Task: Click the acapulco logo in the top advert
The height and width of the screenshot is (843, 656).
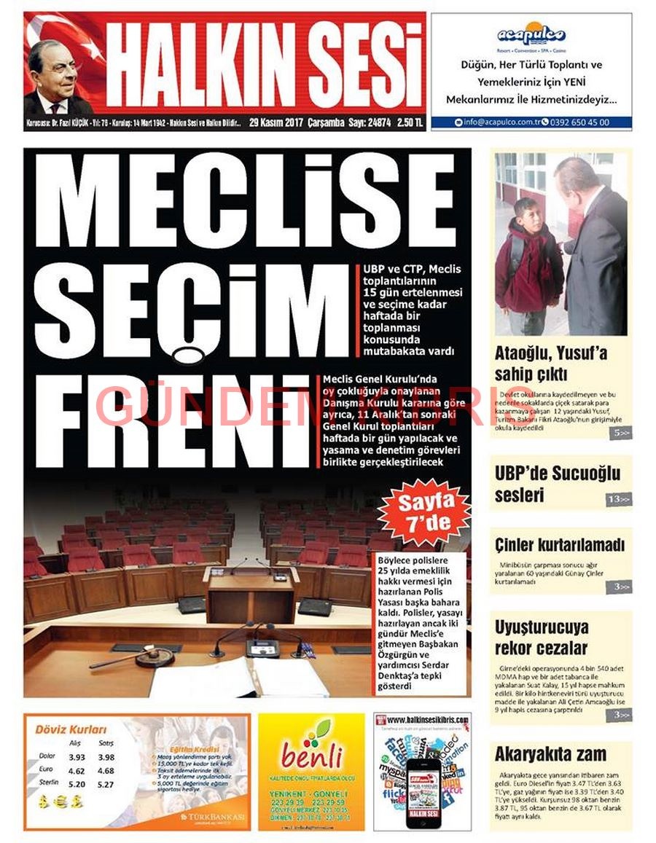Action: click(x=531, y=35)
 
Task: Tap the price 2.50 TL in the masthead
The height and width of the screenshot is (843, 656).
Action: click(x=410, y=122)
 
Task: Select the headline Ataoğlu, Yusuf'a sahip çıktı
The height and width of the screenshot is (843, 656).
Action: click(x=551, y=364)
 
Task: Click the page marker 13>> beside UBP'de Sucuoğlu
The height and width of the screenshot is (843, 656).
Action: click(x=619, y=499)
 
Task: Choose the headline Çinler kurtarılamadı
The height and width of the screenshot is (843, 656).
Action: click(x=560, y=544)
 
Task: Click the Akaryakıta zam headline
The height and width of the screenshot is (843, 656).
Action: click(x=550, y=754)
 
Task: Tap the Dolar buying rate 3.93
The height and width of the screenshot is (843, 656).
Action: click(x=77, y=757)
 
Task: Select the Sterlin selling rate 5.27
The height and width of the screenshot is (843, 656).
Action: click(x=106, y=785)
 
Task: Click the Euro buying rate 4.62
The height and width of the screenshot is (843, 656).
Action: click(x=77, y=771)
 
